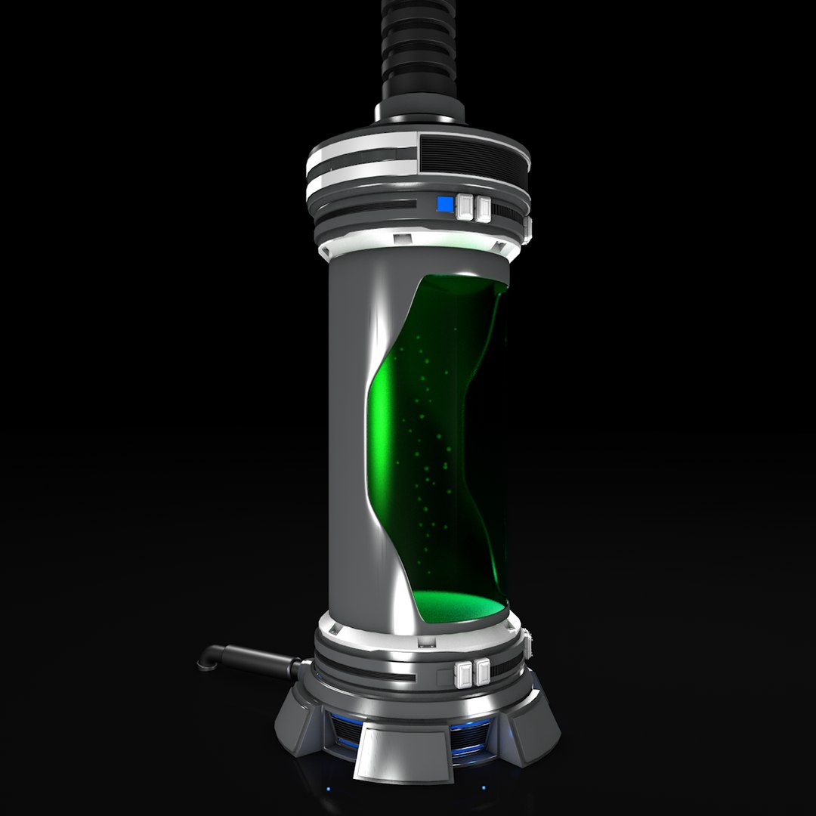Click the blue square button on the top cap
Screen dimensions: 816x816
(445, 204)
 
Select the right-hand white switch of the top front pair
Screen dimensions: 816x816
(482, 207)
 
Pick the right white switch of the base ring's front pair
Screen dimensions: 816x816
(481, 671)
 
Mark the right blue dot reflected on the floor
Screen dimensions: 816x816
(484, 788)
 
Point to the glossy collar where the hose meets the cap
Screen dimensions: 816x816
(419, 113)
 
